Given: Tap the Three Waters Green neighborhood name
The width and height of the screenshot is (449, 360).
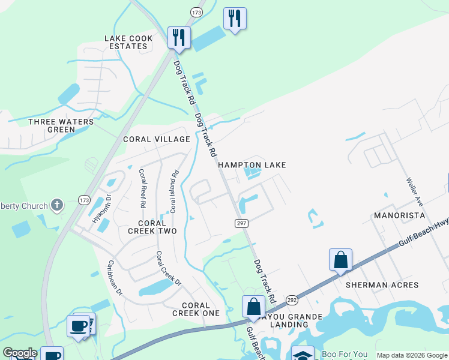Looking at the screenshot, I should (61, 125).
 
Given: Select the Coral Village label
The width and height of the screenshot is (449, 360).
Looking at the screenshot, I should (156, 139).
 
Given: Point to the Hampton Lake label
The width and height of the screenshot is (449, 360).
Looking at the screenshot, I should (252, 164).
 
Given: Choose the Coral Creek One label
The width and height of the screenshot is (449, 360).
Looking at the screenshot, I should (196, 309).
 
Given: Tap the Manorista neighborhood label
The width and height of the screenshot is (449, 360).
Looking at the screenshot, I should (399, 215).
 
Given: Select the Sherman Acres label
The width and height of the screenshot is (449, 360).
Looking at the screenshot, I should (382, 285).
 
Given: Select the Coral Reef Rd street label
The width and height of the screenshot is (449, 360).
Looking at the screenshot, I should (142, 188).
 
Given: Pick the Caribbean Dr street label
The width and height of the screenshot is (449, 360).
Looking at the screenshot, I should (115, 278).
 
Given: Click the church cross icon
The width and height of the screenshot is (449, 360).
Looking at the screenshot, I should (57, 206).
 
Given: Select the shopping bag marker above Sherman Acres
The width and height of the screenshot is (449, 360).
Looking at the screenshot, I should (340, 260).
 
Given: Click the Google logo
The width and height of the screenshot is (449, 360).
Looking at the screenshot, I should (19, 353).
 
